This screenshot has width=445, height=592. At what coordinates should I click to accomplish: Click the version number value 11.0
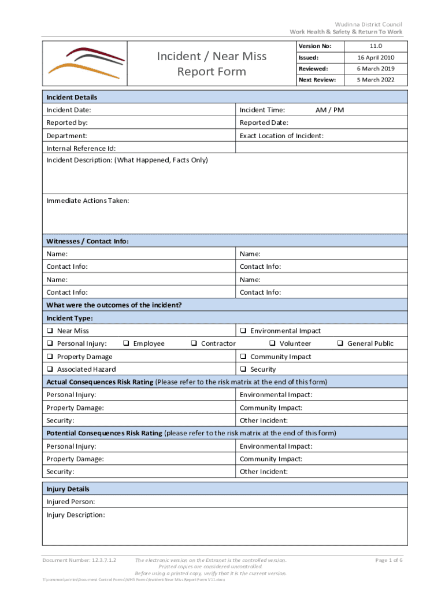click(376, 46)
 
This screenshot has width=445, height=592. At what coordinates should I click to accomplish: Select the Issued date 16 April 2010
click(376, 58)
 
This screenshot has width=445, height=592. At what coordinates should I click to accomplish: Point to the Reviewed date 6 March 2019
click(376, 69)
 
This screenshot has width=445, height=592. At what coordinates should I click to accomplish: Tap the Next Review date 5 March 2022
click(376, 80)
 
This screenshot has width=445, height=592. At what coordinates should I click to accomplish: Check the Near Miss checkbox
click(50, 331)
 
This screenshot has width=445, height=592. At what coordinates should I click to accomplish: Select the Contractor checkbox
click(194, 344)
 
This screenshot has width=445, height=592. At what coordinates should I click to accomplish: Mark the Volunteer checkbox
click(272, 344)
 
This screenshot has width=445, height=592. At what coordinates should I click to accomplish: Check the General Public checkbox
click(340, 344)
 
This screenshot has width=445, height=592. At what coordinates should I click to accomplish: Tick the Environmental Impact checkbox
click(244, 331)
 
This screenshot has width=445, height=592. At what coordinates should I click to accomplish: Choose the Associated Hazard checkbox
click(50, 369)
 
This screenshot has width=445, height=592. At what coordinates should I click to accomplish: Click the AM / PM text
click(329, 110)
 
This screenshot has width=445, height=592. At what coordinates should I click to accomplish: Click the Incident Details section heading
click(72, 97)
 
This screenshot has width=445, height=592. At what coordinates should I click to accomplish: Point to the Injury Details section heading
click(68, 489)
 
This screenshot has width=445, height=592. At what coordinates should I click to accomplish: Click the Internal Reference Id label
click(81, 148)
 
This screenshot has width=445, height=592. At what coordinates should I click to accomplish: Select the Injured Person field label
click(71, 502)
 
